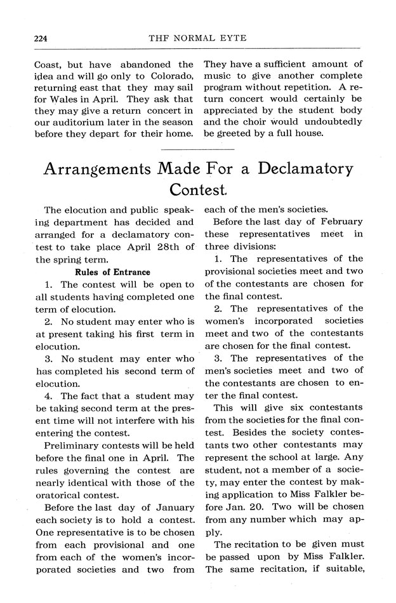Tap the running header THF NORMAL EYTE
(197, 38)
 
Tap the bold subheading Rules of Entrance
(112, 272)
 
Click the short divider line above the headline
(197, 149)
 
